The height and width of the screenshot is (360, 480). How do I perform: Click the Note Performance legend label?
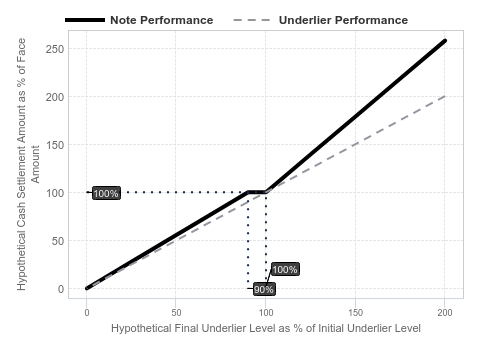coord(162,20)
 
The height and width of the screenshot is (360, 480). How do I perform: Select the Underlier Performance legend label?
coord(343,20)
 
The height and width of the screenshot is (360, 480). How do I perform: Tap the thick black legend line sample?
coord(85,20)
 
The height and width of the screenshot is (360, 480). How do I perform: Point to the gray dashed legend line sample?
coord(252,20)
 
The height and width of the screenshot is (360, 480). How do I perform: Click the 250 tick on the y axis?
coord(55,49)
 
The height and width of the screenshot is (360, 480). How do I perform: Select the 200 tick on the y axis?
coord(55,97)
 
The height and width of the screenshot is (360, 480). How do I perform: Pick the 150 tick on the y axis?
coord(55,145)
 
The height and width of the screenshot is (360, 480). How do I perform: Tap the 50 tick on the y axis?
coord(58,241)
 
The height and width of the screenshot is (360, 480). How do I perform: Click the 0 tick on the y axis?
coord(61,289)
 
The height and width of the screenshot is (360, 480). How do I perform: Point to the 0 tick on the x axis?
coord(87,313)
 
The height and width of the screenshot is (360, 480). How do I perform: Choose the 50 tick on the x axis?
coord(176,313)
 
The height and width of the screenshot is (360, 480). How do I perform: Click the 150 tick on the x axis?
coord(356,313)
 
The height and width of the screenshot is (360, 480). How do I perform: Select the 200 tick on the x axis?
coord(445,313)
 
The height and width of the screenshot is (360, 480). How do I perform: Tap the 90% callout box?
coord(264,289)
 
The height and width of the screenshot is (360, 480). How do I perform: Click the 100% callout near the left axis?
coord(106,193)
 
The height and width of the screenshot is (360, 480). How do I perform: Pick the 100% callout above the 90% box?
coord(285,269)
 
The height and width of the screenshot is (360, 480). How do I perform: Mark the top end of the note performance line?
coord(445,41)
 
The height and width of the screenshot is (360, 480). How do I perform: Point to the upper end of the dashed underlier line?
coord(445,96)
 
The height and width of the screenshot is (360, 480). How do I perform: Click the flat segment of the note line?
coord(257,192)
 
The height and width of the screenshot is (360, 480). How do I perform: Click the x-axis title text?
coord(266,328)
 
